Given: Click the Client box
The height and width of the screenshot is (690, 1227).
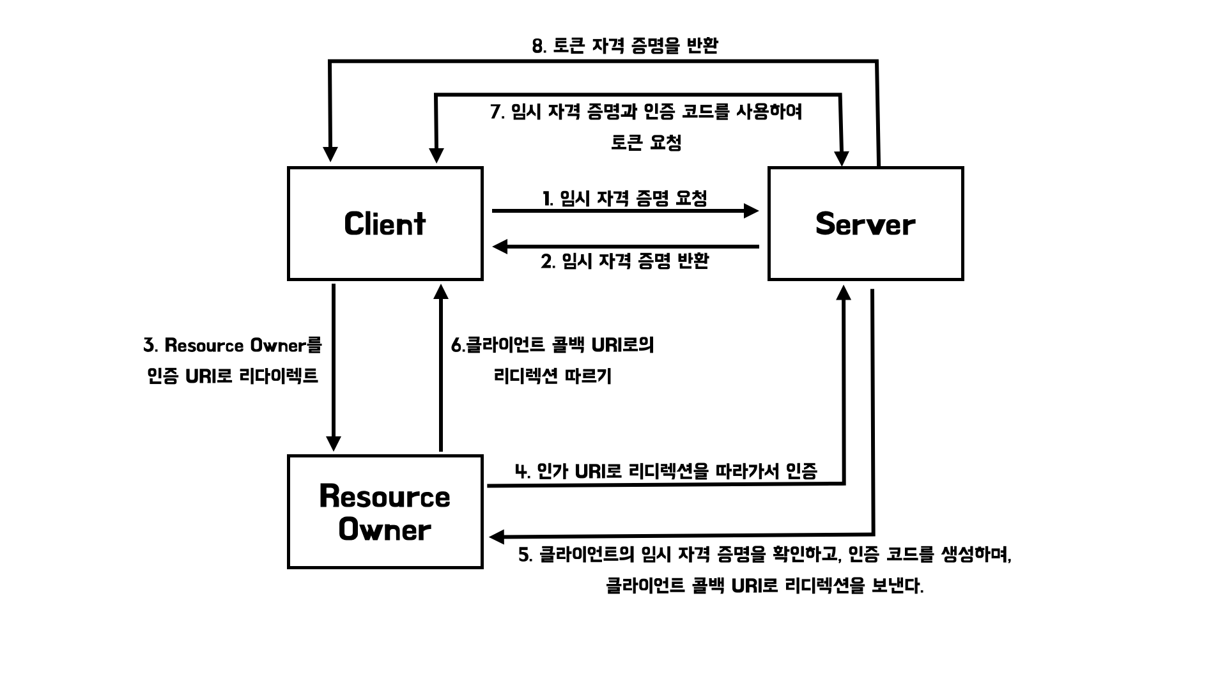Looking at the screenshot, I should [385, 224].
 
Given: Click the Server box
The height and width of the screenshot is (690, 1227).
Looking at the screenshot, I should [865, 224].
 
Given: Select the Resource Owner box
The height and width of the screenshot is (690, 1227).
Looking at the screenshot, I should [385, 512].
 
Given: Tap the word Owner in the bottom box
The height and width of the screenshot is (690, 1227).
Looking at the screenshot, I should [385, 530].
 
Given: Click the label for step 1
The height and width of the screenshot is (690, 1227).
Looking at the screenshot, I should [625, 198].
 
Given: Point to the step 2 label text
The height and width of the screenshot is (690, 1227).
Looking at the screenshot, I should [625, 261].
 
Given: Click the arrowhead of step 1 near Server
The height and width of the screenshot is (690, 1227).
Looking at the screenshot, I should [752, 210].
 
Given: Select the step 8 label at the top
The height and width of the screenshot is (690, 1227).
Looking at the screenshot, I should [625, 45].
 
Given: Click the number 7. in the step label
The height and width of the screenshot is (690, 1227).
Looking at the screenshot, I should [498, 112].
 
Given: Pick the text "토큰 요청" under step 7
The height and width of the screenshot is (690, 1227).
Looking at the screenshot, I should [646, 142].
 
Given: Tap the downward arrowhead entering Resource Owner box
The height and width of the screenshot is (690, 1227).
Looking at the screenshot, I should [334, 443].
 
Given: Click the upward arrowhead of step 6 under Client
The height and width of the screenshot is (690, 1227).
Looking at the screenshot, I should [441, 292].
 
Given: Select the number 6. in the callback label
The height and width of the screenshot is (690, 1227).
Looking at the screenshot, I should [458, 346].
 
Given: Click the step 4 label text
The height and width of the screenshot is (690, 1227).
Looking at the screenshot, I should [666, 471].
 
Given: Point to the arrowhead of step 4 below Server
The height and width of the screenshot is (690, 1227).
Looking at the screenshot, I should [844, 293].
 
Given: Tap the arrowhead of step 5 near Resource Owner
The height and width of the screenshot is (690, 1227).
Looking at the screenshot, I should [497, 537].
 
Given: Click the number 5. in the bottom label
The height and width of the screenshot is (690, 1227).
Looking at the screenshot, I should [525, 555].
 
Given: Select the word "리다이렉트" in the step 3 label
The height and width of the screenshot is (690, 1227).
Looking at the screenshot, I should [278, 376].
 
